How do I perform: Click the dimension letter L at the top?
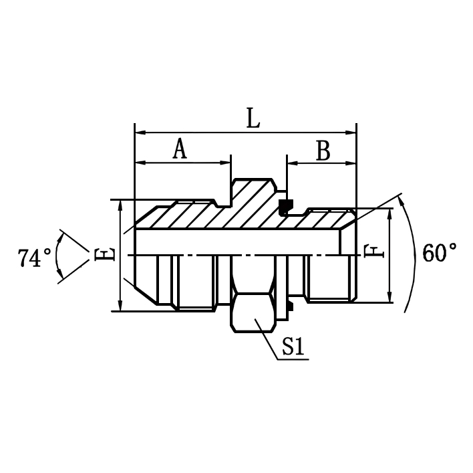(252, 118)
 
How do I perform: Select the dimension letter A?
(179, 149)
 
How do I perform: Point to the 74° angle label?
(35, 258)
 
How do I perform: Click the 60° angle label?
(440, 254)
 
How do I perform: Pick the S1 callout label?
(293, 346)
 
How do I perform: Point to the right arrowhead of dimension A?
(226, 163)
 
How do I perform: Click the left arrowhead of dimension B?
(291, 163)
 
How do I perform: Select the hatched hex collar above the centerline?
(253, 201)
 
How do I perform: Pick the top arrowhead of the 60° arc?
(402, 197)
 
